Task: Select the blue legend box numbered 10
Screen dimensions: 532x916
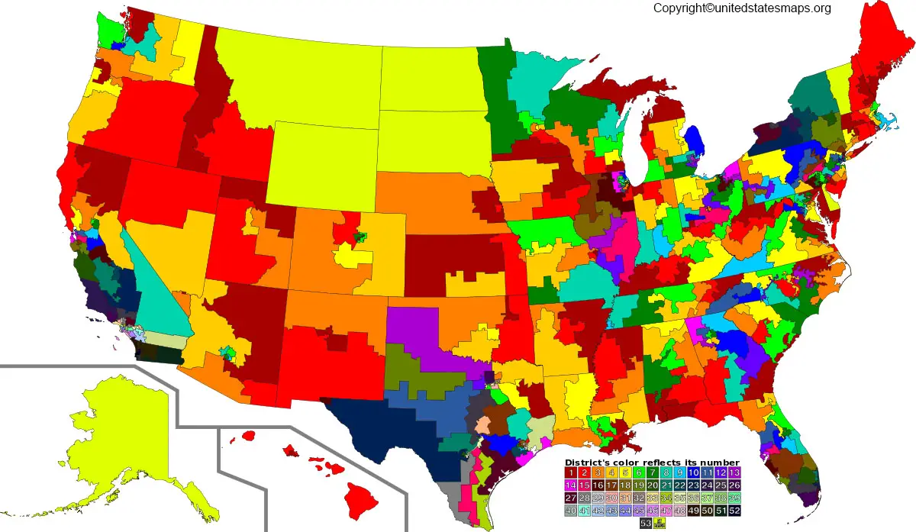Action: [x=694, y=473]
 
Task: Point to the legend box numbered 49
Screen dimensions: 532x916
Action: [x=694, y=511]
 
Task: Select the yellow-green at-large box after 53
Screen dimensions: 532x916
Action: [x=660, y=523]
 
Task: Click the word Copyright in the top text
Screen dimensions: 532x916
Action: [x=679, y=8]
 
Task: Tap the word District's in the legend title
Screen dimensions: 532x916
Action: [x=589, y=463]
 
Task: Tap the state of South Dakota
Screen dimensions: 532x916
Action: [x=431, y=141]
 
